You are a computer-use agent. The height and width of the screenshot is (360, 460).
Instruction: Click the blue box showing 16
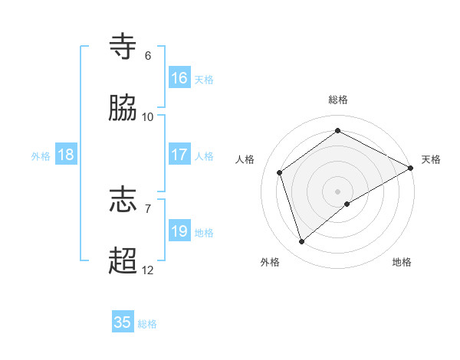point(179,78)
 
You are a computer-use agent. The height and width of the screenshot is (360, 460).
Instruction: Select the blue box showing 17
point(179,155)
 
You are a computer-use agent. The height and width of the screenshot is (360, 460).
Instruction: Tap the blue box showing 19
point(179,231)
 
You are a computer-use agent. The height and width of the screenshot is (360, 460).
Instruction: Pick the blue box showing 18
point(66,155)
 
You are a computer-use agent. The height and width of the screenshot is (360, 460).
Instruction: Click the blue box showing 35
point(123,322)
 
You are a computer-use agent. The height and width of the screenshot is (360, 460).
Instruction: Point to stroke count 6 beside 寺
point(148,56)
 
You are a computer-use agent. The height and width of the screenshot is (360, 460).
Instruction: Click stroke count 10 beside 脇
point(148,117)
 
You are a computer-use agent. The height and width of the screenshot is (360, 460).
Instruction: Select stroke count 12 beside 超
point(148,270)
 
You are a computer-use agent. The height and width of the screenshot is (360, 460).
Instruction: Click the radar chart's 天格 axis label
point(431,159)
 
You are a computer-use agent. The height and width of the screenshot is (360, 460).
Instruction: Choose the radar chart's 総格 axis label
point(338,100)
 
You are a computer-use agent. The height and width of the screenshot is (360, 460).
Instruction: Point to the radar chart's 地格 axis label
point(402,262)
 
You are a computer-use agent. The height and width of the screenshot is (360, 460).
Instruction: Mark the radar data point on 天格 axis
point(411,167)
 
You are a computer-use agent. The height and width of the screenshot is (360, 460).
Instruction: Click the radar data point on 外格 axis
point(301,242)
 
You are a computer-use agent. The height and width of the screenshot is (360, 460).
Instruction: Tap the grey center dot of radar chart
point(338,191)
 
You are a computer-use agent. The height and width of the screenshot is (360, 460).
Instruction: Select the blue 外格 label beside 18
point(41,155)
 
